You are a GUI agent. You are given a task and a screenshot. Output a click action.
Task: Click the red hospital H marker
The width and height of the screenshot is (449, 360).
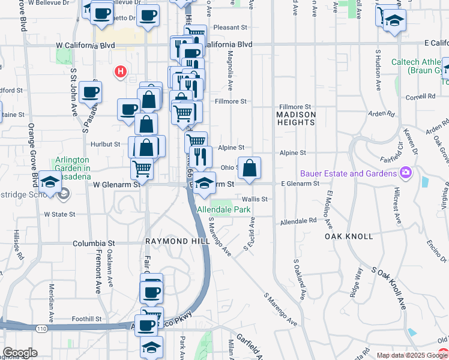pos(120,73)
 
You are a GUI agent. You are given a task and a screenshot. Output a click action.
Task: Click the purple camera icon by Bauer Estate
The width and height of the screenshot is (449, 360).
pos(406,173)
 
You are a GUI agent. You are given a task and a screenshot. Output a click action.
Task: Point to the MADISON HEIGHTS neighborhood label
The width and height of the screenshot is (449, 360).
pos(295,118)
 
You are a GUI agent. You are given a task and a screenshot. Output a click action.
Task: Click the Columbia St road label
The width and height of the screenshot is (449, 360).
pos(94,244)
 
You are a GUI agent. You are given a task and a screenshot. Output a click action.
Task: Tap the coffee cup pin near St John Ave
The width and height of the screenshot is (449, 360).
pos(90,92)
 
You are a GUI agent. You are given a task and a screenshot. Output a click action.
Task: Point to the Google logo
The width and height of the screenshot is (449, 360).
pos(20,353)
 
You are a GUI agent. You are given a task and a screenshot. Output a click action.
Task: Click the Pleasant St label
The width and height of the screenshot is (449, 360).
pos(230,28)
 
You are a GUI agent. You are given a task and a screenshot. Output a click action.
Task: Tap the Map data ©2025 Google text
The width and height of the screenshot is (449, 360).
pos(411,356)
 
